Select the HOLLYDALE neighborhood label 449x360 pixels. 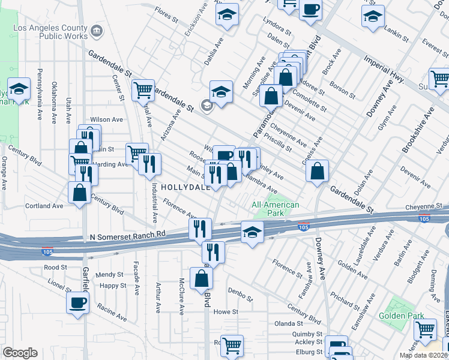(184, 187)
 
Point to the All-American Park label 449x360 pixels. (276, 209)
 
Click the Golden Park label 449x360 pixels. (402, 316)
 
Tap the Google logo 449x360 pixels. (20, 353)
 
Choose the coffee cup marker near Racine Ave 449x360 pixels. (77, 303)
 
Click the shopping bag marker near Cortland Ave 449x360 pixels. (79, 194)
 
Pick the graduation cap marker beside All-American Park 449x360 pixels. (252, 232)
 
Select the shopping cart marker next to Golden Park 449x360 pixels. (425, 329)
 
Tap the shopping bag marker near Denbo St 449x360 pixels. (201, 278)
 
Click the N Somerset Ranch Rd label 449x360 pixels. (127, 235)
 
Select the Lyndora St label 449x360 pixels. (279, 30)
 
